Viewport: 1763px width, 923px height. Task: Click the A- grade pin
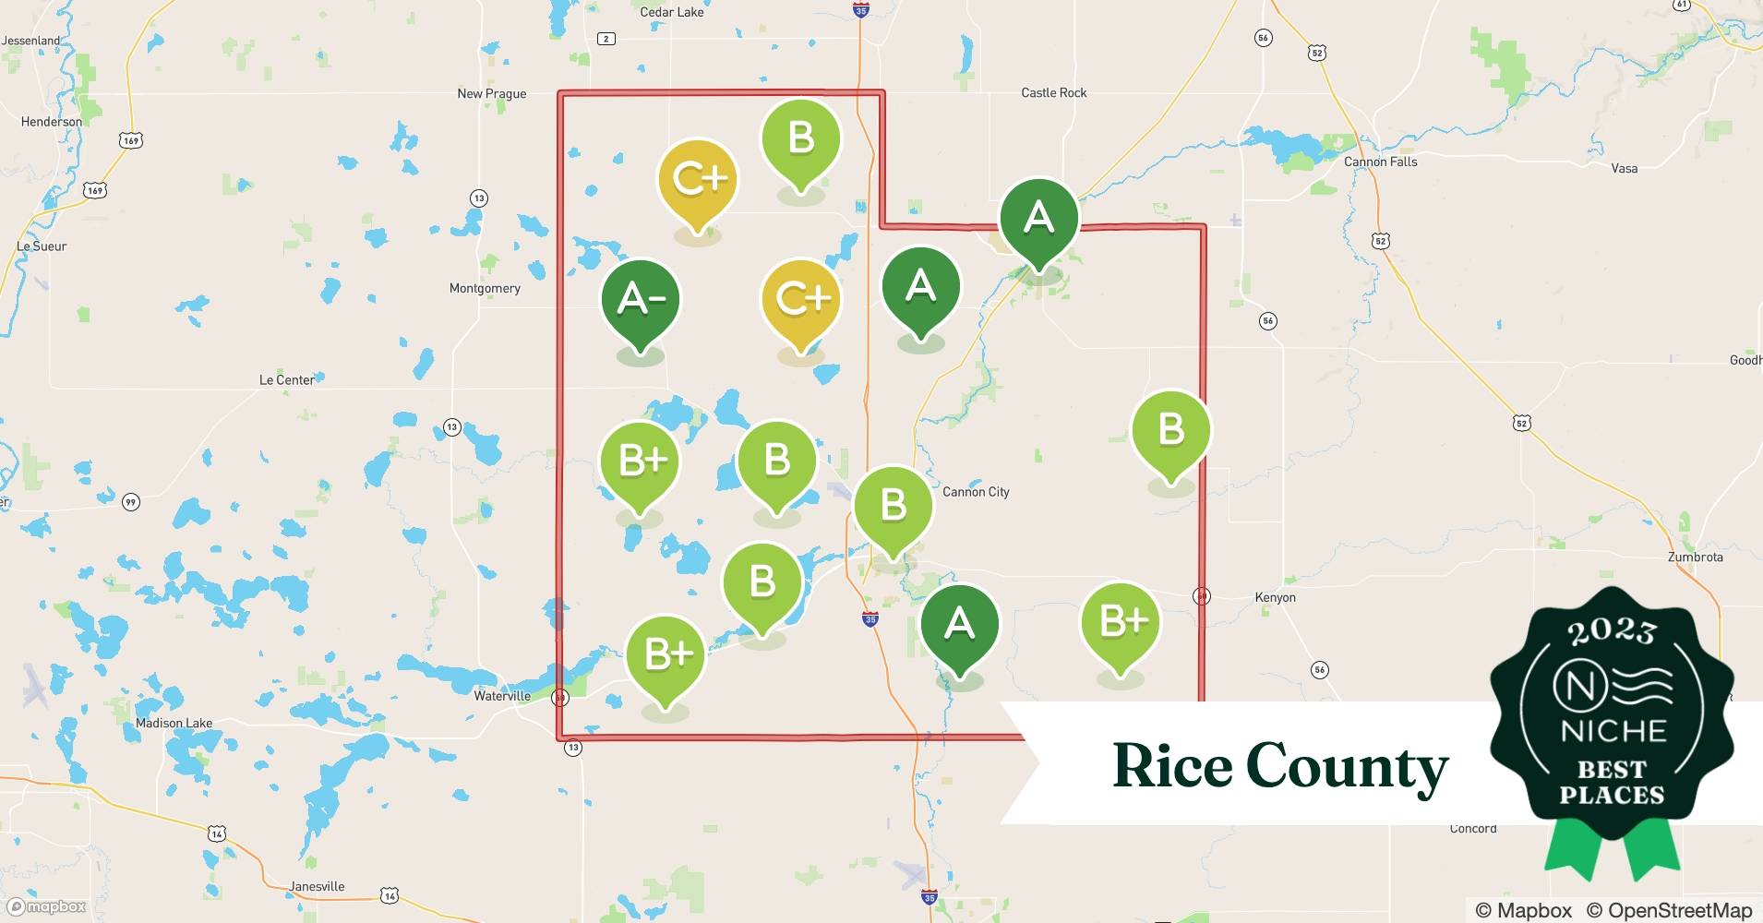coord(641,299)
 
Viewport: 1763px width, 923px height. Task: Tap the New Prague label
coord(491,93)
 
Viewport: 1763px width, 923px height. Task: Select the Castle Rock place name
coord(1053,92)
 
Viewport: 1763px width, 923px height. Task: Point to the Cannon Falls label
coord(1380,162)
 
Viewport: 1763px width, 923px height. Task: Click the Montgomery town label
coord(485,288)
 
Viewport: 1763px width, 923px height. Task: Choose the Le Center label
coord(286,379)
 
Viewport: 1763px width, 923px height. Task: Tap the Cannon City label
coord(976,492)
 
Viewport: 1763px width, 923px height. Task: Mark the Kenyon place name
coord(1275,597)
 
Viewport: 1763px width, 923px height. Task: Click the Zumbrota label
coord(1695,557)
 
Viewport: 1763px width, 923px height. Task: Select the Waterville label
coord(502,696)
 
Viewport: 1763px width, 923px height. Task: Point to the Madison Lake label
coord(174,723)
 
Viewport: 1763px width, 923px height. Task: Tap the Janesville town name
coord(317,886)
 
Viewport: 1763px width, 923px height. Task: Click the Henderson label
coord(51,121)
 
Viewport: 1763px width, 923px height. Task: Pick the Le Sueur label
coord(42,246)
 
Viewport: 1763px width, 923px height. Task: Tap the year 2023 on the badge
coord(1612,631)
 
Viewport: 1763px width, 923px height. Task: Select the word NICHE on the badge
coord(1613,731)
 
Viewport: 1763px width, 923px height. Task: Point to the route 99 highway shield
coord(131,502)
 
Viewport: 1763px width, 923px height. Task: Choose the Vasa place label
coord(1624,168)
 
